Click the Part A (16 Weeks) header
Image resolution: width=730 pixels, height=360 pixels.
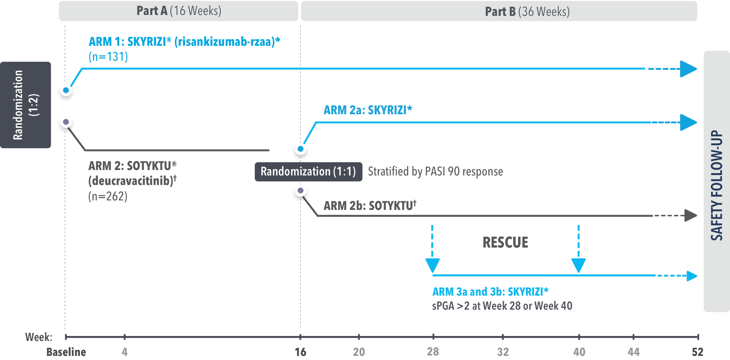[x=179, y=11]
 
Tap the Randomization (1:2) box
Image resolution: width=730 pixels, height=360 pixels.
[x=25, y=105]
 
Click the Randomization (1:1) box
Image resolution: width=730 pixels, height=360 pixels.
[x=308, y=171]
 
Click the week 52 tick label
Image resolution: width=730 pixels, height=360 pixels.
[x=697, y=352]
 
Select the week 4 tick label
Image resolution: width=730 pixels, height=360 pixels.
[x=125, y=352]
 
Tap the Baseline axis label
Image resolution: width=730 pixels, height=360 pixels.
[x=66, y=352]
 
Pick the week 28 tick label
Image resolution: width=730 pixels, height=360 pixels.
[x=433, y=351]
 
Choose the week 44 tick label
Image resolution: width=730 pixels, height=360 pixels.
[x=633, y=352]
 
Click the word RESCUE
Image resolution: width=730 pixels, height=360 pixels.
[x=506, y=243]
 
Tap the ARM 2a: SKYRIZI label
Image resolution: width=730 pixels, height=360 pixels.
[x=368, y=110]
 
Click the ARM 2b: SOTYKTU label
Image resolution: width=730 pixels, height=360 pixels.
[x=370, y=206]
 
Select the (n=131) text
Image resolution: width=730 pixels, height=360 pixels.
[x=108, y=57]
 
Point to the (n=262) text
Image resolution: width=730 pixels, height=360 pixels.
[x=107, y=196]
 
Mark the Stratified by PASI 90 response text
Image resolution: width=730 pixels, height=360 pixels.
[x=435, y=171]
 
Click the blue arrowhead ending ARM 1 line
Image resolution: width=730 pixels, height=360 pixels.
[x=688, y=69]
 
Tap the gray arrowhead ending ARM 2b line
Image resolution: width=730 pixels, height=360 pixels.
[x=691, y=215]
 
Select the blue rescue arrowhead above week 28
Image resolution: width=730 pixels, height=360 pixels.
[x=433, y=265]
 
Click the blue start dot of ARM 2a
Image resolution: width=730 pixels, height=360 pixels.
[x=300, y=149]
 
